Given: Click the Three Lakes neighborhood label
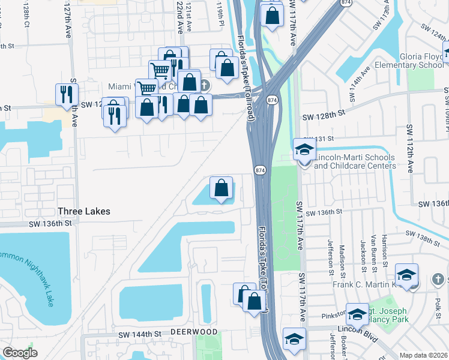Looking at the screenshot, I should [84, 211].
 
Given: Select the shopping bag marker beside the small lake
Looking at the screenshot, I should [221, 188].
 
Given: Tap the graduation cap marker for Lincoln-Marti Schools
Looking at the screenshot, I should [304, 150].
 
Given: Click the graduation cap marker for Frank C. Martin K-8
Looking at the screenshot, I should [407, 276].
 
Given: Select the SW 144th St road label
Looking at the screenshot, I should [140, 334].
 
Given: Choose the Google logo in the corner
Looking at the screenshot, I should [20, 353].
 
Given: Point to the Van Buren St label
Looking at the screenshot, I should [373, 247].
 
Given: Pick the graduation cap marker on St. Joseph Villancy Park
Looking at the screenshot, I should [357, 315].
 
